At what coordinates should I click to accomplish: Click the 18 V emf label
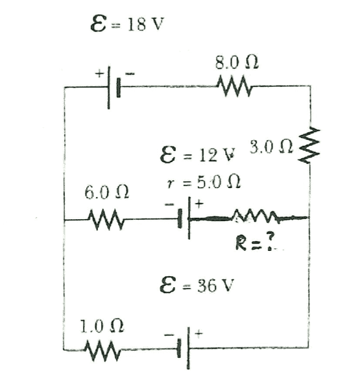pos(127,23)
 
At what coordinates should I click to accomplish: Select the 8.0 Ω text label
pos(237,62)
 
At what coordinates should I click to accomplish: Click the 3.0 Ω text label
pos(271,147)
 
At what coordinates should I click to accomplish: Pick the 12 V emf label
pos(197,155)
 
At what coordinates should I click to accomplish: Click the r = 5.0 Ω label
pos(203,183)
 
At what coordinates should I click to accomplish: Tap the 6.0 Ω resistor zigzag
pos(106,219)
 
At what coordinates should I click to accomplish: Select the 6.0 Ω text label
pos(106,193)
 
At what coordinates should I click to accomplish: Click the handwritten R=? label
pos(255,242)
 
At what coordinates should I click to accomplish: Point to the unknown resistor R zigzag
pos(256,217)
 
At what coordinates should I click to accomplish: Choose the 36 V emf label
pos(197,285)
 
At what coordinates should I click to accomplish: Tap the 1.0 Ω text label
pos(102,326)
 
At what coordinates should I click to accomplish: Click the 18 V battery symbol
pos(114,88)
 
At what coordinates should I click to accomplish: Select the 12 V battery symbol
pos(184,218)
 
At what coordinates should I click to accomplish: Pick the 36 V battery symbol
pos(184,348)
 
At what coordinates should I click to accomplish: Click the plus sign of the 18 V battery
pos(99,74)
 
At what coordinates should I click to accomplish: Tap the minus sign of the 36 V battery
pos(169,335)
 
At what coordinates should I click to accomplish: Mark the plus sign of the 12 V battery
pos(199,204)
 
